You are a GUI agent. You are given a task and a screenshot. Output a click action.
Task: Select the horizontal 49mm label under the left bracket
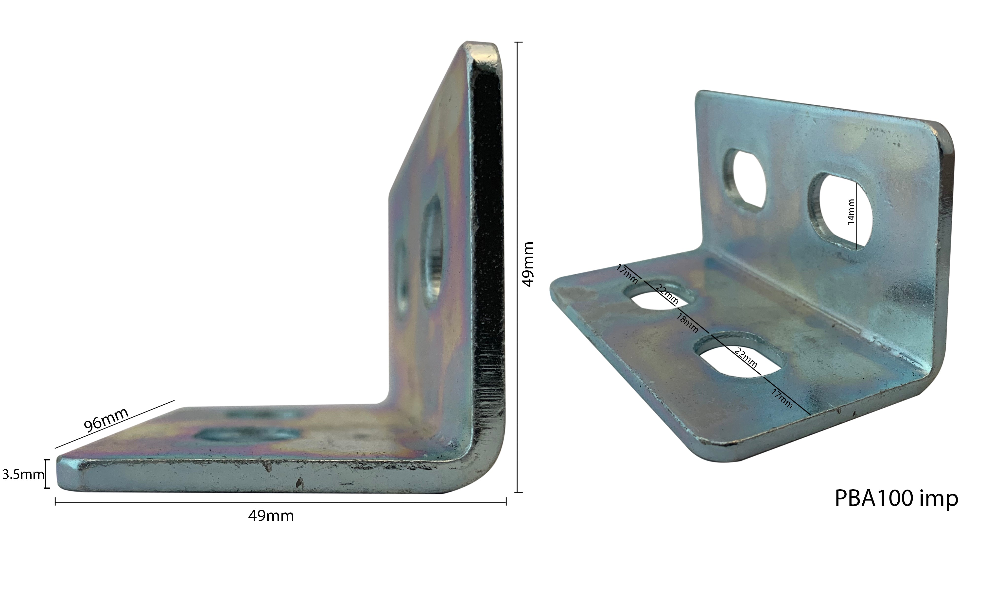click(x=271, y=516)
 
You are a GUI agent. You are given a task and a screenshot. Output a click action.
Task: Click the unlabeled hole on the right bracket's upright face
click(x=745, y=180)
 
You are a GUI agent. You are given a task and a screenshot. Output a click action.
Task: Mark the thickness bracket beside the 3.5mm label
click(x=47, y=474)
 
